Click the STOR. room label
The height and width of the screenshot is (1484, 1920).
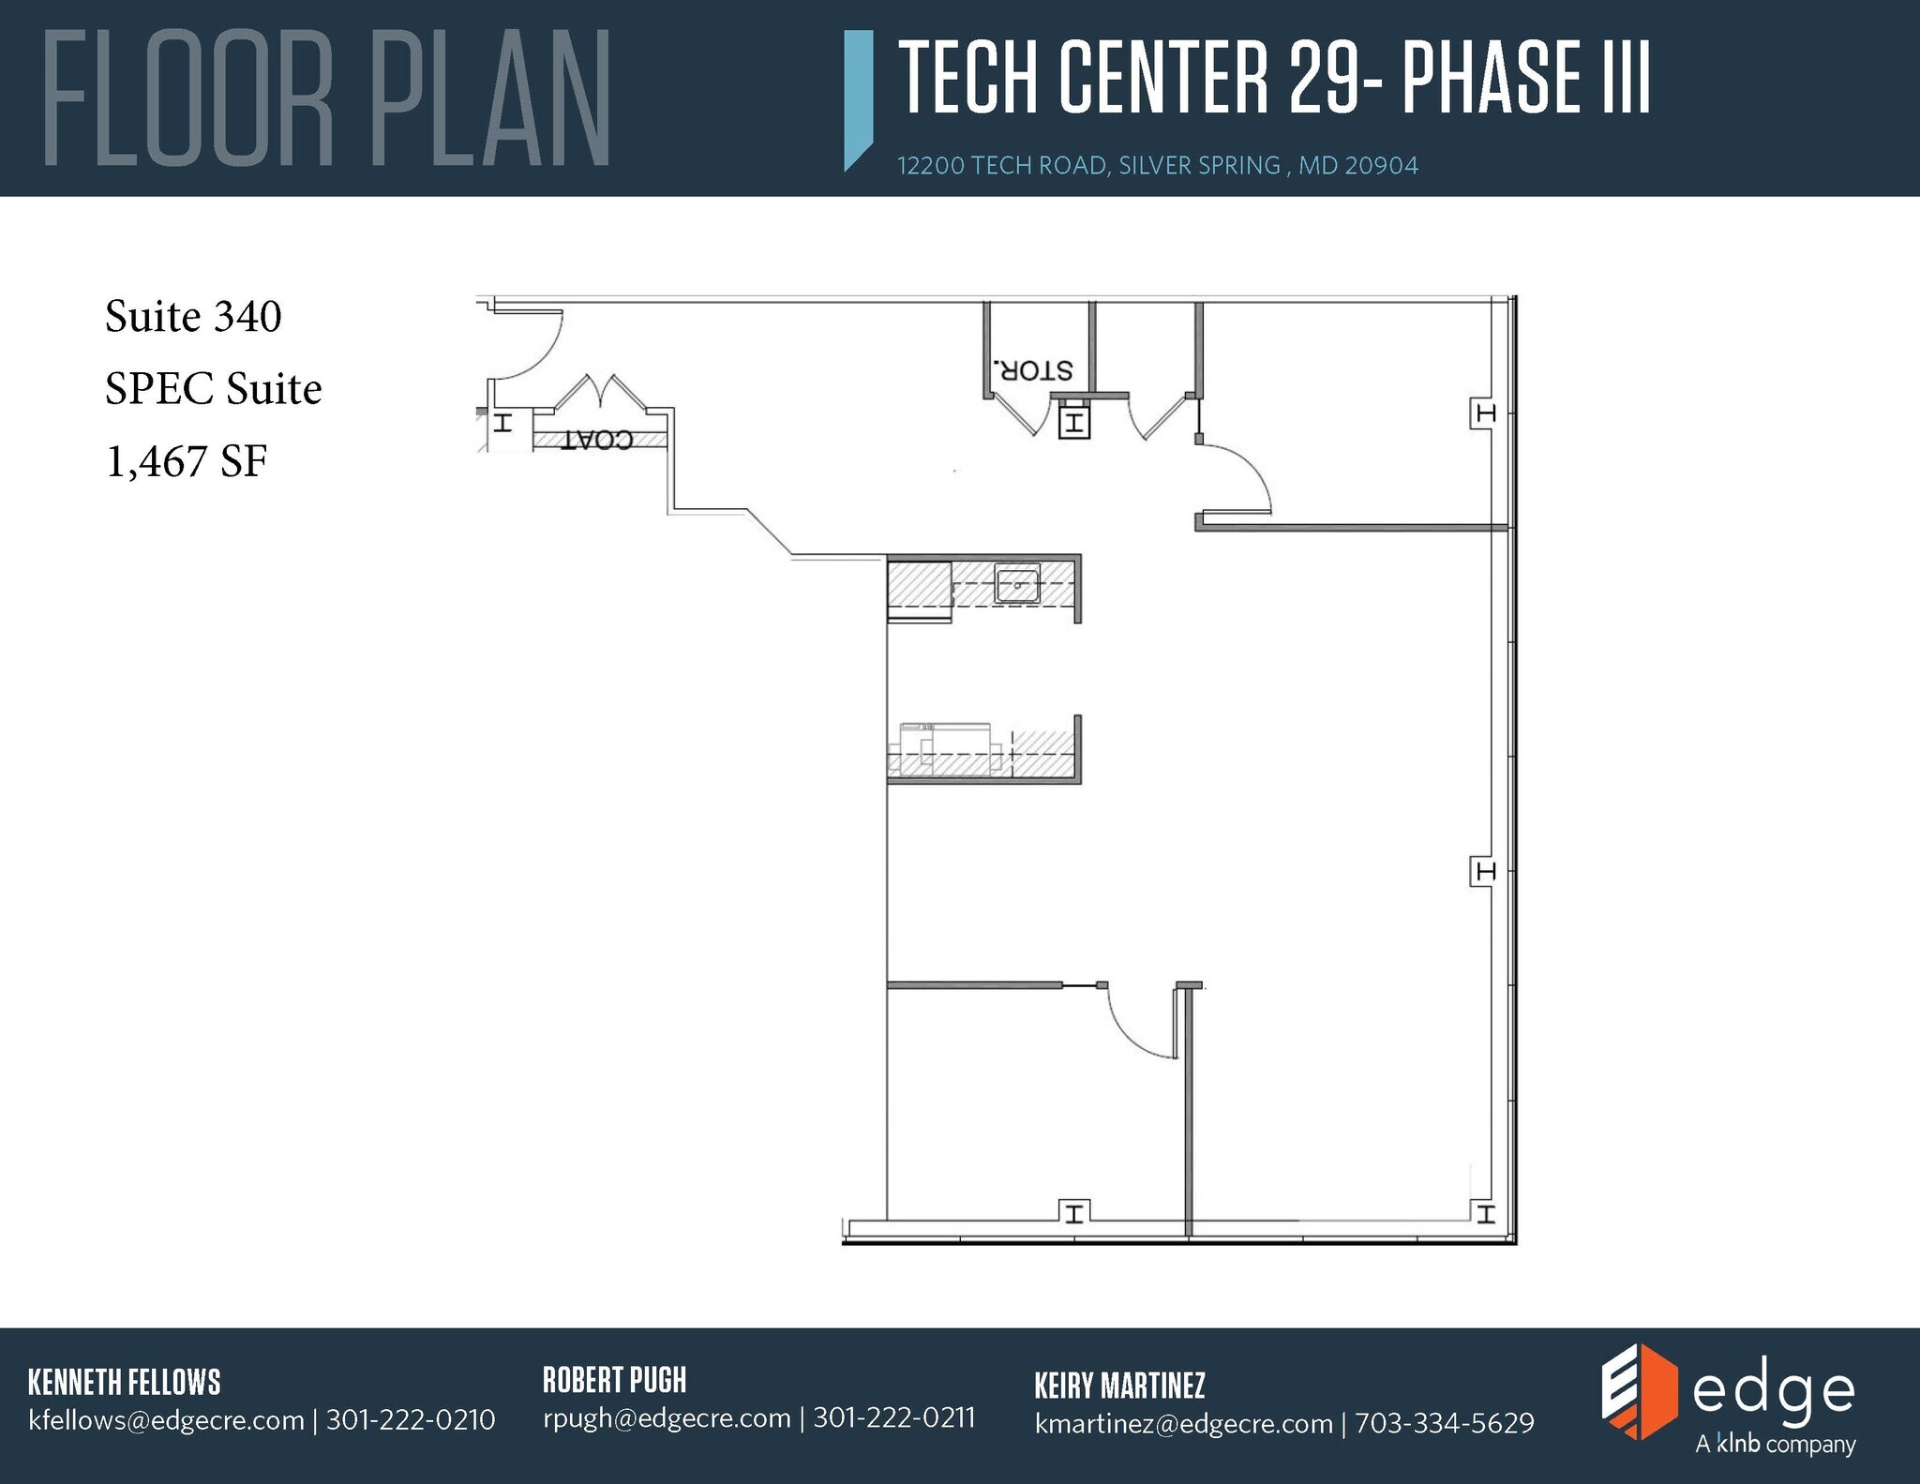[x=1032, y=370]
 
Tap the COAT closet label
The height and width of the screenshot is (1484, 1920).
[x=597, y=440]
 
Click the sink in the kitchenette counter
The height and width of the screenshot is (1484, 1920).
[x=1017, y=586]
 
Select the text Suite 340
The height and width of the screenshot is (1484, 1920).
[x=193, y=316]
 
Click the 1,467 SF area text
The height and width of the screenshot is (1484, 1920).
[x=187, y=461]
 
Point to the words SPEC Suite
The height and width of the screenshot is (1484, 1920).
[x=213, y=388]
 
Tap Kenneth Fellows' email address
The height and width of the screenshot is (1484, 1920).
[x=166, y=1420]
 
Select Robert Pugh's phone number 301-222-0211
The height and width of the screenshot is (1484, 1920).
[x=893, y=1417]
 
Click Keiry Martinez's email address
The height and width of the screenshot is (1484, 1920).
[x=1183, y=1423]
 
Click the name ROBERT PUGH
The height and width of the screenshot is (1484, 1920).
[x=614, y=1380]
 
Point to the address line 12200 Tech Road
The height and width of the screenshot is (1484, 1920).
[x=1157, y=166]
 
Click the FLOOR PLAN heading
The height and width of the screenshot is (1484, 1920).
[x=327, y=98]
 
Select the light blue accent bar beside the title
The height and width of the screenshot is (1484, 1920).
[x=858, y=98]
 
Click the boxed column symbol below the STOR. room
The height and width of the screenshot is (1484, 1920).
[x=1073, y=423]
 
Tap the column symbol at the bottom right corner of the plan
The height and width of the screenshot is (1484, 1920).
[x=1484, y=1215]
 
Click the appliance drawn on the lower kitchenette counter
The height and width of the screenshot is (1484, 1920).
[x=947, y=747]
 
